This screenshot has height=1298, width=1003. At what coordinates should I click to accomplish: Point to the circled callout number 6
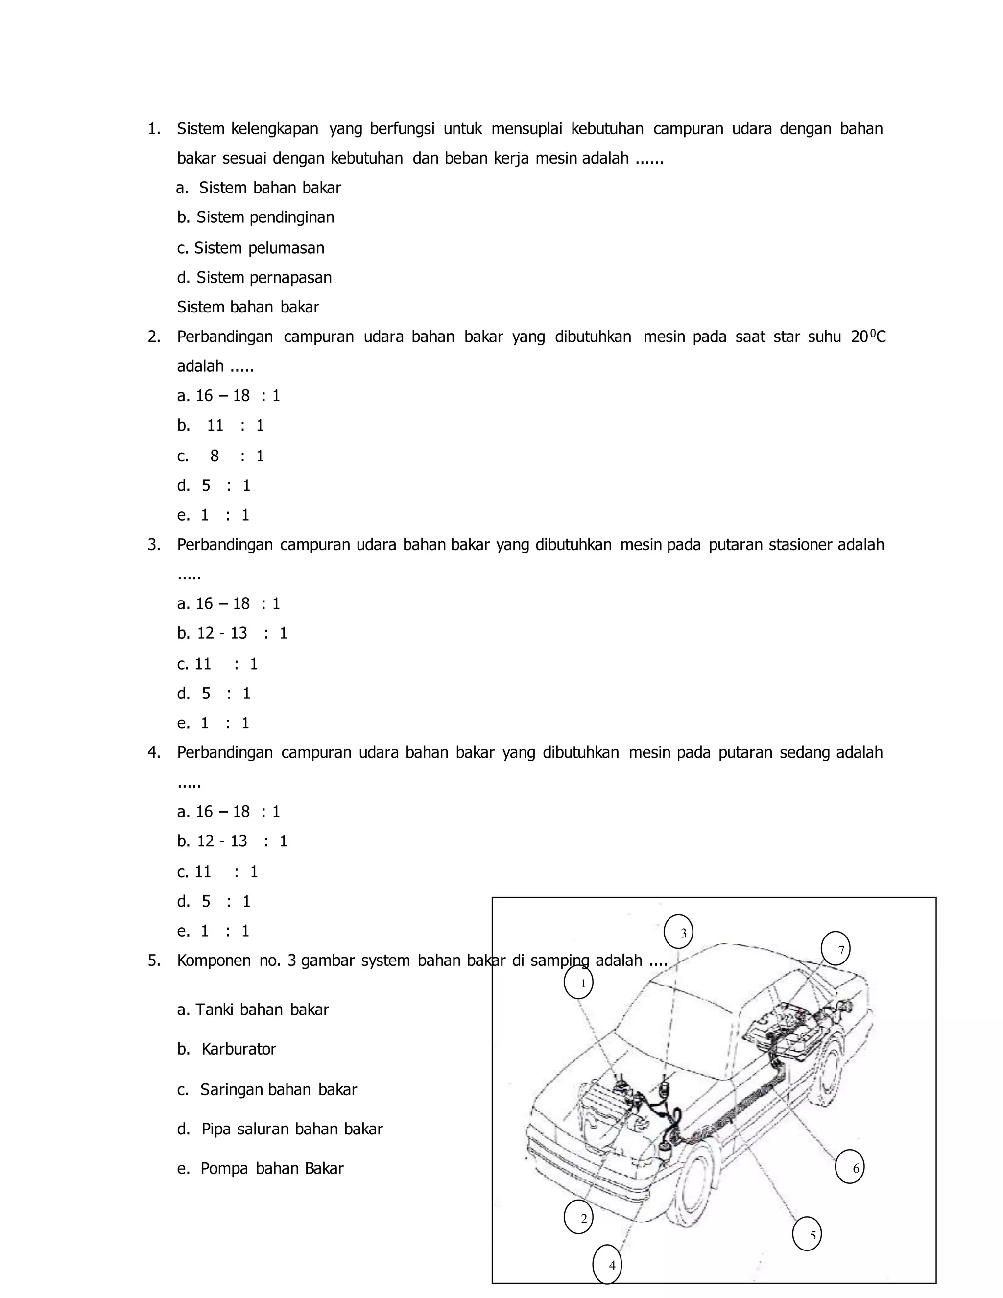[849, 1167]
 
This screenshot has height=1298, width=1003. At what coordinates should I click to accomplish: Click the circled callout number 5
[807, 1234]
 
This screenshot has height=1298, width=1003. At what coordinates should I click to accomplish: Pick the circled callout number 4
[607, 1264]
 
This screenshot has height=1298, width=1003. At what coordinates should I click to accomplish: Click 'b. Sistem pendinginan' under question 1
[256, 217]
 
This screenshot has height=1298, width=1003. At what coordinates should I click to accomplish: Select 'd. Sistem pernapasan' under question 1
[254, 278]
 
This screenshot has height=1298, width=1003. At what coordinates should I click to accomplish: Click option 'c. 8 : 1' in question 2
[220, 456]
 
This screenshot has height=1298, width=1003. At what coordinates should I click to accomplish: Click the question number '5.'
[154, 961]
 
